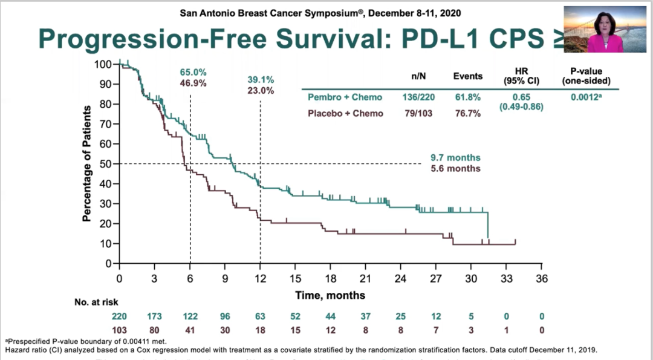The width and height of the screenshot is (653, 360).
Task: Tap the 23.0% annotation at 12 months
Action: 261,91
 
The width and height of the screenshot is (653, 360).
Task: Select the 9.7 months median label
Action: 456,158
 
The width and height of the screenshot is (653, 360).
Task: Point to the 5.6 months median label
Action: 456,168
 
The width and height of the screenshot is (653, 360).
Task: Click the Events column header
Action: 468,76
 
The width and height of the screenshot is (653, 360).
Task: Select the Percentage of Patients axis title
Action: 88,163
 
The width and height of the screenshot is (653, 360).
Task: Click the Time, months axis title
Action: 330,295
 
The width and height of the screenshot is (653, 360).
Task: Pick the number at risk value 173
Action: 154,316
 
